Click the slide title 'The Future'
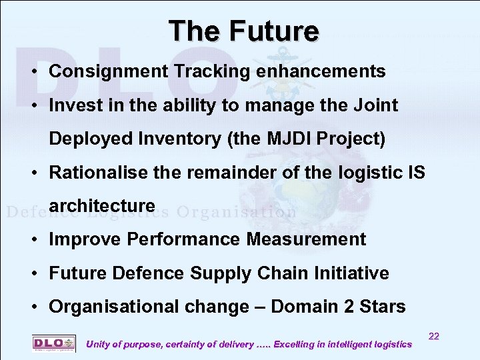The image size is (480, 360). (243, 31)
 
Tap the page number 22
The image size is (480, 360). (433, 337)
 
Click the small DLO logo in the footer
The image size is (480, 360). (54, 343)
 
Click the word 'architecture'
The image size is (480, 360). (102, 206)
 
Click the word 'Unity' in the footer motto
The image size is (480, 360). (101, 344)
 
